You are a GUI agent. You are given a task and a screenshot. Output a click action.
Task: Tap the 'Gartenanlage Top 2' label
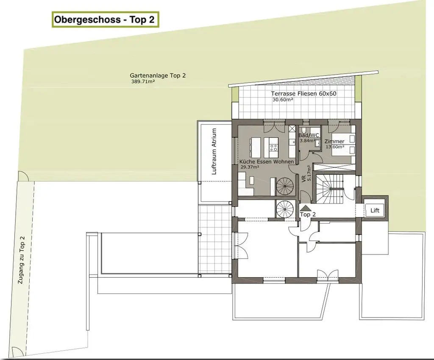[158, 75]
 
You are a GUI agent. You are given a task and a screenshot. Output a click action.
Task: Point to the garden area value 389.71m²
[143, 82]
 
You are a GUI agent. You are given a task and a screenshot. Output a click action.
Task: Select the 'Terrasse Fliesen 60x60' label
[303, 94]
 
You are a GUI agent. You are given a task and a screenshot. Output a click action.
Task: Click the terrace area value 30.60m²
[283, 100]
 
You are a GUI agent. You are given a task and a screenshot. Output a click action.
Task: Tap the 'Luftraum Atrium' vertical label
[214, 151]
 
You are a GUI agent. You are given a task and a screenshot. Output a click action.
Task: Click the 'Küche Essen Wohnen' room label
[267, 162]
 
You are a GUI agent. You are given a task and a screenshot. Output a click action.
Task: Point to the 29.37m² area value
[250, 167]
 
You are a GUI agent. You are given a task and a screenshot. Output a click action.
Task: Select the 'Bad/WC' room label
[309, 135]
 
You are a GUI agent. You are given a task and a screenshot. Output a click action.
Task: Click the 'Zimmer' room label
[334, 142]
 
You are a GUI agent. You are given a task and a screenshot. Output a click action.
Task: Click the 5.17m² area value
[309, 173]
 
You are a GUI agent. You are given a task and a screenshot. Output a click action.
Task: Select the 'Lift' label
[375, 210]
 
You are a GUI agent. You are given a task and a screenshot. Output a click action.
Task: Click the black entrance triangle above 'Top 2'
[306, 208]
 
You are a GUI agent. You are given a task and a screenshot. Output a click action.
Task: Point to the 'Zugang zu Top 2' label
[21, 260]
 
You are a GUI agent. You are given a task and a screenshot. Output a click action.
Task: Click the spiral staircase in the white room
[285, 209]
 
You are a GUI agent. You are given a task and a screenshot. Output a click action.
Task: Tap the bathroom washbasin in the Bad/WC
[318, 142]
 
